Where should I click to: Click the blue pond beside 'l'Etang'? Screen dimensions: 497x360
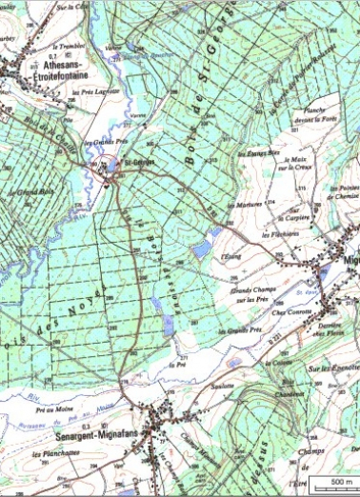click(201, 249)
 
